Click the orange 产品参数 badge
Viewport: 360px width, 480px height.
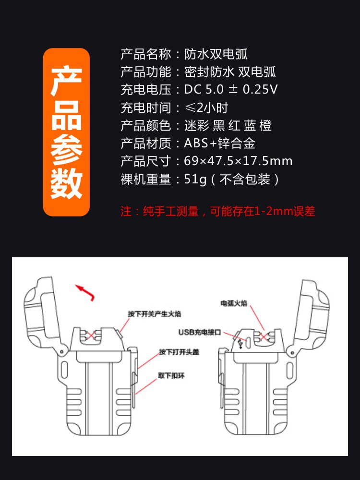coord(66,132)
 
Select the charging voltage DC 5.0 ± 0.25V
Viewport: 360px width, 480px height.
coord(231,90)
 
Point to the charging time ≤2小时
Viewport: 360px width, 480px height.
coord(206,108)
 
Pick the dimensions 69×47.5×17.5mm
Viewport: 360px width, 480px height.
coord(238,161)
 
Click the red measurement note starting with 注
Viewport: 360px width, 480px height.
coord(217,211)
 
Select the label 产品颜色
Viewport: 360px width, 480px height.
coord(145,126)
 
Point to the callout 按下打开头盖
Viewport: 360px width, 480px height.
coord(179,352)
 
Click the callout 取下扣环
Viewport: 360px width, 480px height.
coord(171,375)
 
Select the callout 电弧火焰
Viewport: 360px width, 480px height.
coord(236,303)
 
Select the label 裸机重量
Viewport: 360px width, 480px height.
coord(145,180)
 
